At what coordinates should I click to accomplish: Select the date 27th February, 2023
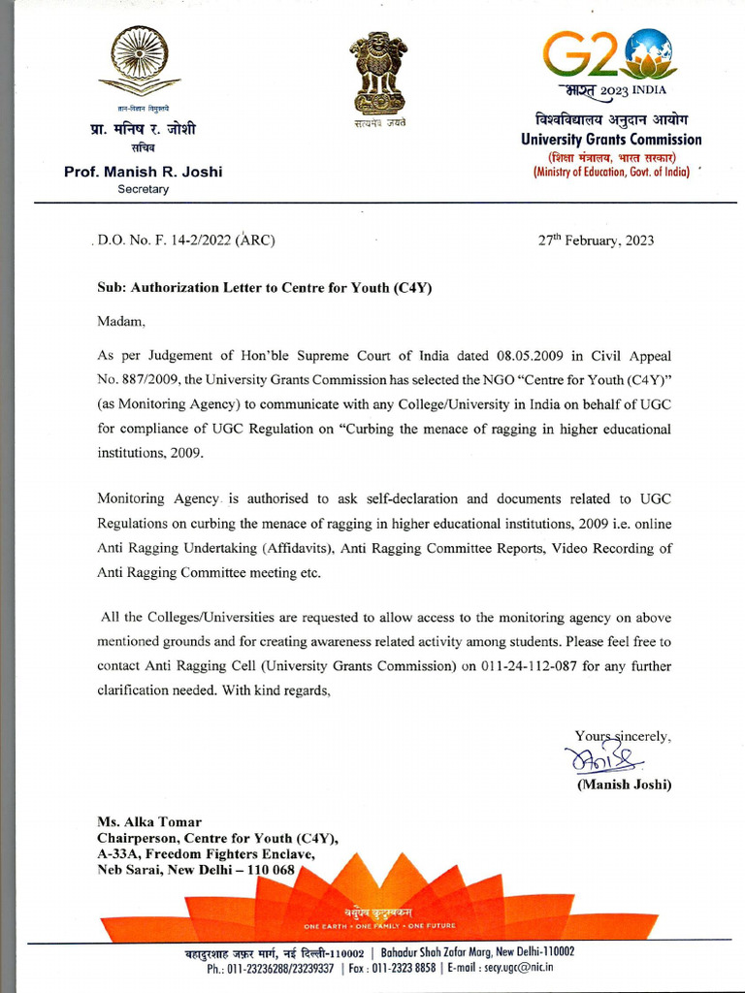[596, 240]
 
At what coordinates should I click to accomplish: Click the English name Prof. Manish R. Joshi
[143, 172]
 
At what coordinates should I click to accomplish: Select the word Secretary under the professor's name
[143, 189]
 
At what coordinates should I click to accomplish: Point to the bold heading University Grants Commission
[611, 140]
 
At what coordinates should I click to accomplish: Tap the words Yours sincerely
[622, 736]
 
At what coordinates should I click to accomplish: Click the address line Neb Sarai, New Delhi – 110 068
[195, 869]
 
